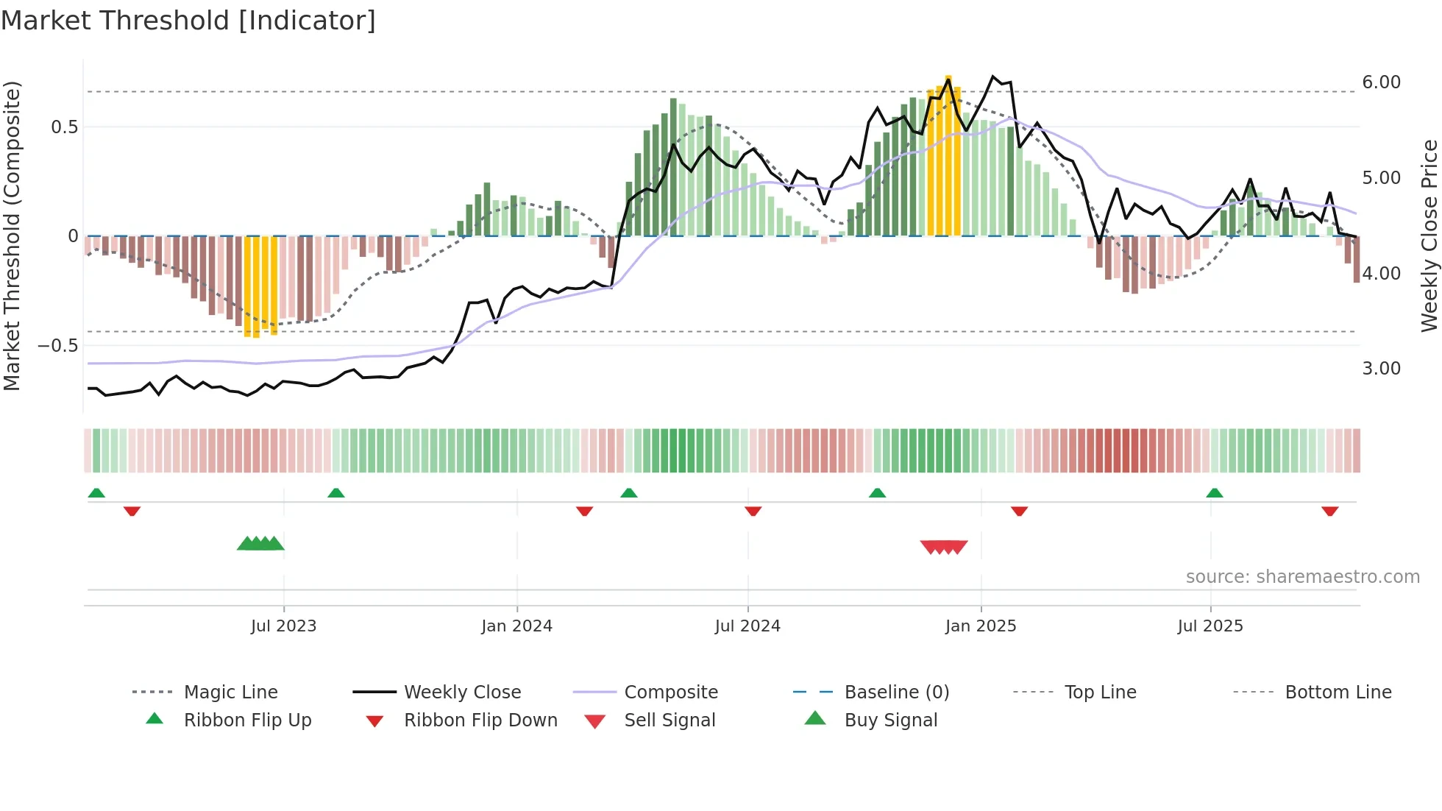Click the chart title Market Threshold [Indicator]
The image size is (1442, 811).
pyautogui.click(x=188, y=21)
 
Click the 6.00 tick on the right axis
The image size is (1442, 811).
pyautogui.click(x=1381, y=82)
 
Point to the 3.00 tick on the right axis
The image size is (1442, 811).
pyautogui.click(x=1381, y=369)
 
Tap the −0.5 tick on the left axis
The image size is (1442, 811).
pyautogui.click(x=58, y=345)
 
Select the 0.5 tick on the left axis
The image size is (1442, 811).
pyautogui.click(x=64, y=127)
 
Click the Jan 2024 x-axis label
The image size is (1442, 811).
pyautogui.click(x=516, y=626)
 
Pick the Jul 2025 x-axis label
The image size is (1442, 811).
pyautogui.click(x=1210, y=626)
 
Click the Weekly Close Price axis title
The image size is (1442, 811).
pyautogui.click(x=1429, y=235)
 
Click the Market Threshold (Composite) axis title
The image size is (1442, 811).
pyautogui.click(x=12, y=235)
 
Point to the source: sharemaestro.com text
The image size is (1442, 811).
pyautogui.click(x=1302, y=577)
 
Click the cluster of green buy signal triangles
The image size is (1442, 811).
pyautogui.click(x=260, y=545)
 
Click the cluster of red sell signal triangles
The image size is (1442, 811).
pyautogui.click(x=944, y=547)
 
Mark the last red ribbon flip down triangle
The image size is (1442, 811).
pyautogui.click(x=1329, y=511)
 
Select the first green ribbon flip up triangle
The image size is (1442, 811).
pyautogui.click(x=96, y=493)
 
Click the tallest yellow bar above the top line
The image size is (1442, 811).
pyautogui.click(x=948, y=155)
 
